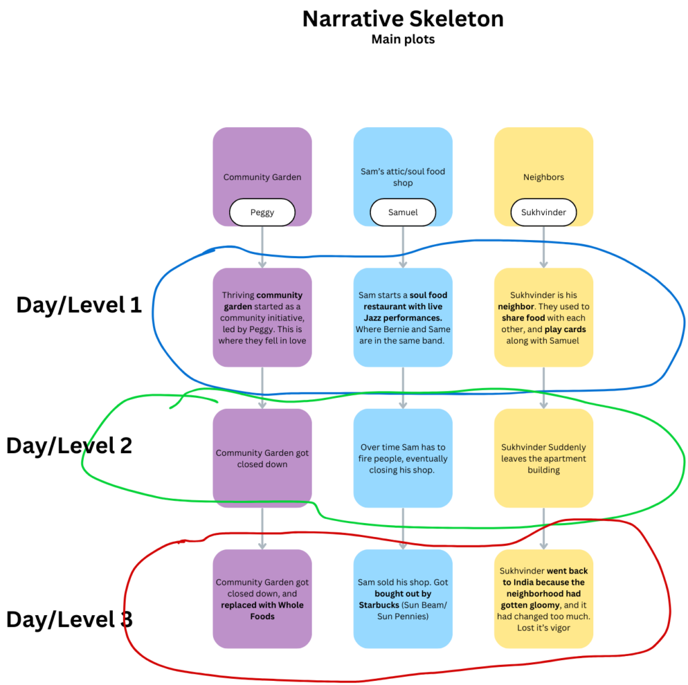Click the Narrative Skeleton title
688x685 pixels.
pos(402,19)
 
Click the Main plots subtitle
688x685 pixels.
pos(402,40)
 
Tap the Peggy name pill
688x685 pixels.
pos(262,212)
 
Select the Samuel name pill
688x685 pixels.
pos(402,212)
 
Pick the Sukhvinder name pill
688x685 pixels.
pos(544,212)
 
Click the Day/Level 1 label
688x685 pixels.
pos(79,305)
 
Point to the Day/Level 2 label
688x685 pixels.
pos(69,446)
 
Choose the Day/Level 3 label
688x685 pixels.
pos(69,619)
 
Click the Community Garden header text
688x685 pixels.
pos(262,177)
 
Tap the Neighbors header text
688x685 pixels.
pos(544,177)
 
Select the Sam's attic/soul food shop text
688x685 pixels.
pos(402,177)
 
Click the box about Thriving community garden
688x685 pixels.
pos(262,317)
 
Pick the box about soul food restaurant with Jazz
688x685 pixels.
pos(402,317)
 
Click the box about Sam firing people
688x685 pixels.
pos(402,458)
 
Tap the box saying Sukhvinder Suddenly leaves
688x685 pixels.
pos(544,458)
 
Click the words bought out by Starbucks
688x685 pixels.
pos(403,600)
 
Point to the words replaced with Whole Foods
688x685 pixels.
pos(262,610)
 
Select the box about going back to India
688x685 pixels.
pos(544,599)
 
